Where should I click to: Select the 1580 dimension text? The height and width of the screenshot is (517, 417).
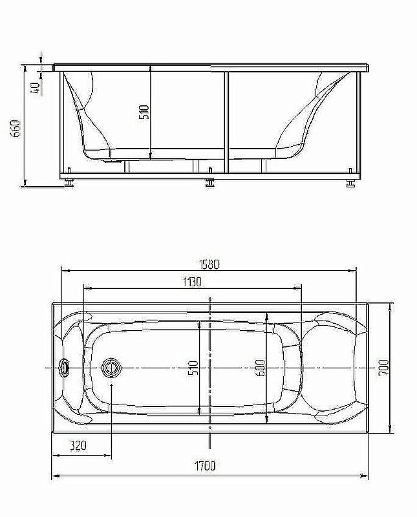209,264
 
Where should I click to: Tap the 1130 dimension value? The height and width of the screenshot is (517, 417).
192,282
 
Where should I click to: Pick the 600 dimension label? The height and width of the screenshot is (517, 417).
260,368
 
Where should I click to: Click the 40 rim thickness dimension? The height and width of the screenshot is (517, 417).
36,84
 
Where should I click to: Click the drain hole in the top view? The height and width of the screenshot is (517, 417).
111,368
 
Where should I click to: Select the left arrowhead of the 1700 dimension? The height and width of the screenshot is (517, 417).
54,477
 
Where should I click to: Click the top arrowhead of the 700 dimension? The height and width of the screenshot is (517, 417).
390,307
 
